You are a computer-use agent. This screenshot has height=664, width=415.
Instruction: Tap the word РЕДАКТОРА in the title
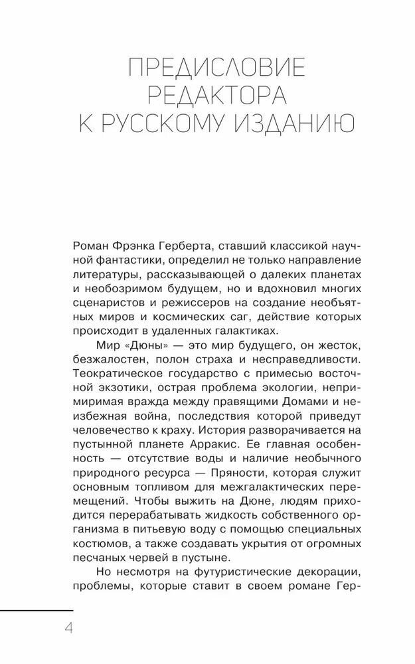(216, 96)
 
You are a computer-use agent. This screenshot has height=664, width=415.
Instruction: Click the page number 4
(68, 627)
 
